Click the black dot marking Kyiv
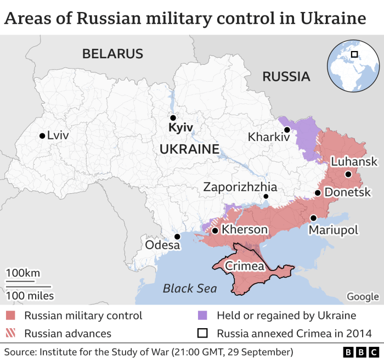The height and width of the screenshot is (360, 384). (173, 117)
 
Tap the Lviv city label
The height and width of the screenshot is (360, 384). (58, 136)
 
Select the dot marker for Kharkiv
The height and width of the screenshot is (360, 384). (287, 130)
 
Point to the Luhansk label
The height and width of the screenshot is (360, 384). (354, 161)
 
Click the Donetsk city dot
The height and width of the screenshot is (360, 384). (317, 193)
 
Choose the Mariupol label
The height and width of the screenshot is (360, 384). (334, 230)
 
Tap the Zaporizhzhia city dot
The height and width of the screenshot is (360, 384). (266, 196)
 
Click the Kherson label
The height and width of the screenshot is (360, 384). (245, 229)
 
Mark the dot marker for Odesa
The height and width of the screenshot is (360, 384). (177, 237)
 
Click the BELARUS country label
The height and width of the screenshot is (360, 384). (112, 54)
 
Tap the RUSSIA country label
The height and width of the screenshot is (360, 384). (286, 76)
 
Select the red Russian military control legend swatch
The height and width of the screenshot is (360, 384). (11, 316)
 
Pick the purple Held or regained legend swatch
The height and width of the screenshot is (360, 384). (203, 316)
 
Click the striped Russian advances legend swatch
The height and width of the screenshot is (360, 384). (11, 333)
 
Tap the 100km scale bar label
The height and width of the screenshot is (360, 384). (22, 273)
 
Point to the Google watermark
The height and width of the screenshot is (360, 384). (363, 297)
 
